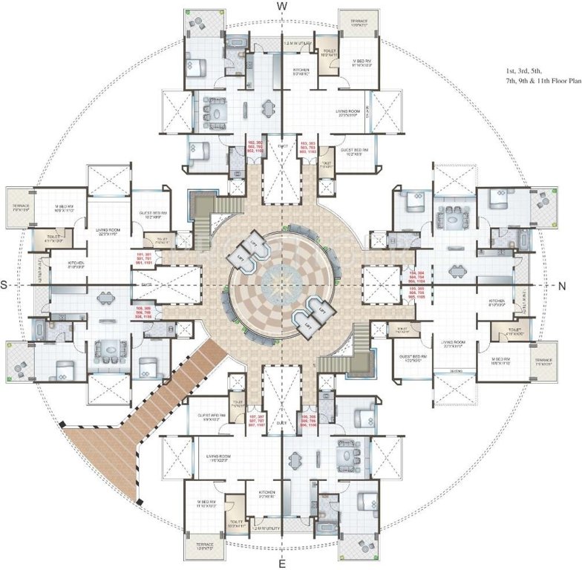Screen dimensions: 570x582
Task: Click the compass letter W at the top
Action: pyautogui.click(x=282, y=6)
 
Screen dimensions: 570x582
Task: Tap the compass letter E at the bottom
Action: pyautogui.click(x=282, y=564)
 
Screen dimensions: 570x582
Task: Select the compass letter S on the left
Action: pyautogui.click(x=5, y=285)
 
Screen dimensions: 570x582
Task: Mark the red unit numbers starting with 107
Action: pyautogui.click(x=256, y=422)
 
